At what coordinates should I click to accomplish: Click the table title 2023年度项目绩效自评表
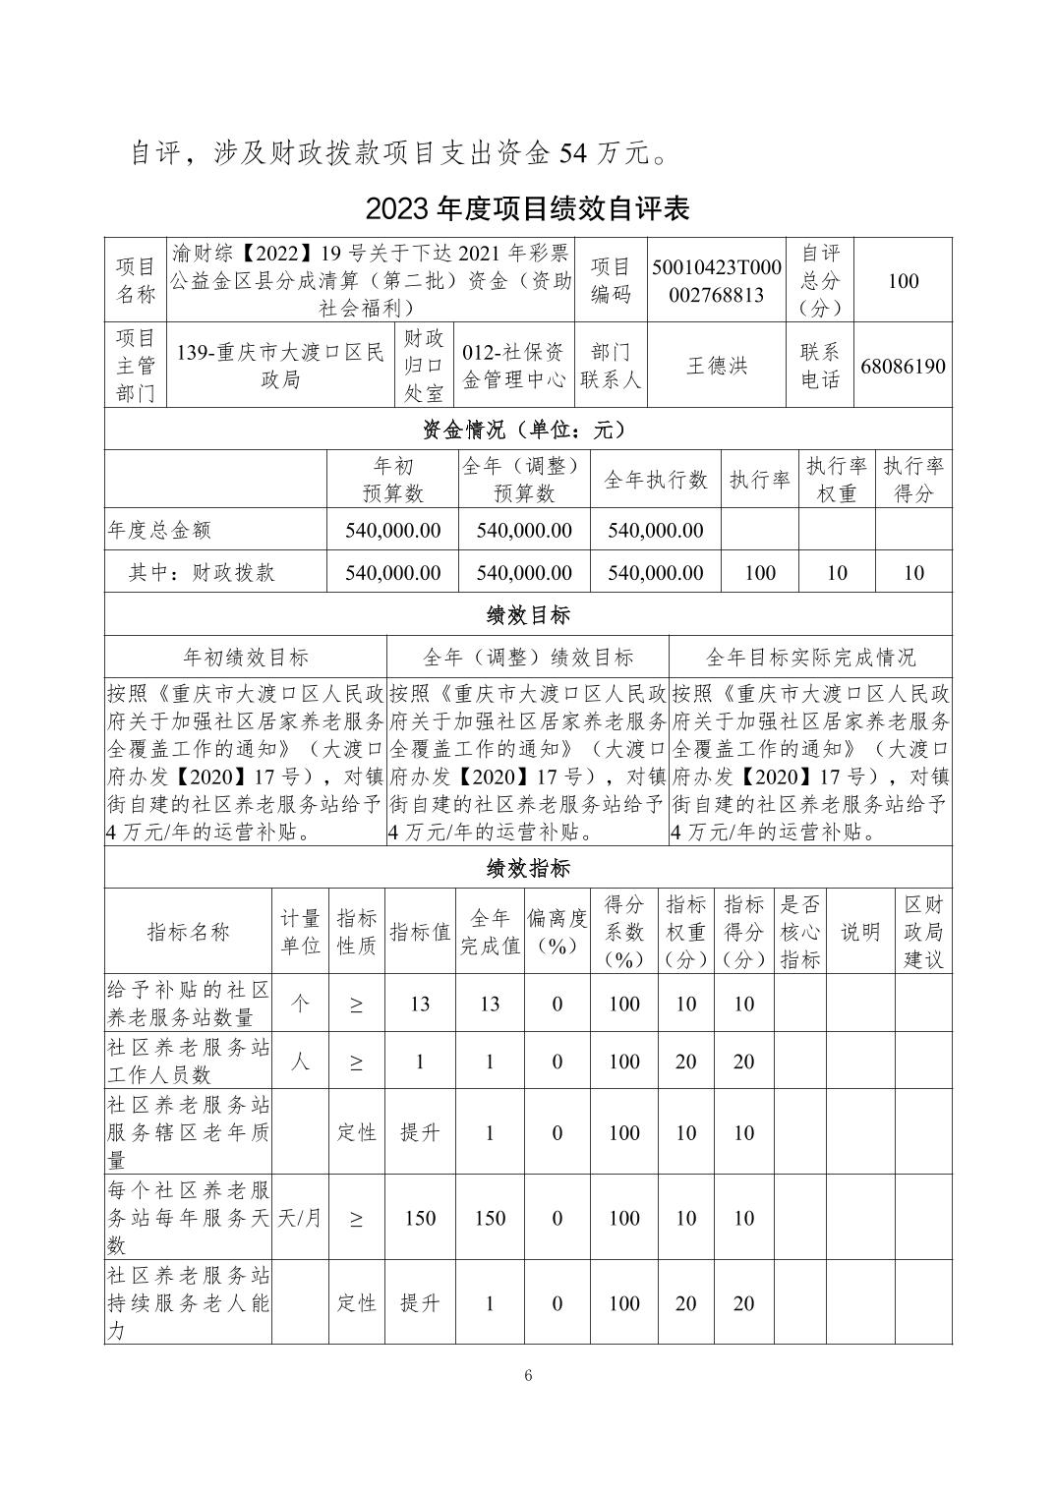pos(527,208)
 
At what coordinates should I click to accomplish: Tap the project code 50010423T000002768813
pos(717,281)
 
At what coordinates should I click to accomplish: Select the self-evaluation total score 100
pos(903,281)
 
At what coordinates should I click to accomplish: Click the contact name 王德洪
pos(717,366)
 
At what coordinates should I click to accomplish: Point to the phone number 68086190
pos(903,367)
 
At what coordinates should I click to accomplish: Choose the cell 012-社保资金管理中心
pos(513,366)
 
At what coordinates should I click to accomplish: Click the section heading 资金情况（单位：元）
pos(527,430)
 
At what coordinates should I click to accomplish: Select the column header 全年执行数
pos(656,480)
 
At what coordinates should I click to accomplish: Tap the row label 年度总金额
pos(159,530)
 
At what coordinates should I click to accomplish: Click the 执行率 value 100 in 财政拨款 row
pos(760,572)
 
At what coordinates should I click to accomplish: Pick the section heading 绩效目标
pos(527,615)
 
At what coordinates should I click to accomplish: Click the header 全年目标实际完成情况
pos(810,657)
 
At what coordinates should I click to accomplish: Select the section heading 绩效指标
pos(527,868)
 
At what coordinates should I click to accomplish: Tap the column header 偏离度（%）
pos(557,932)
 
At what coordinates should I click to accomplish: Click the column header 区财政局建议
pos(923,932)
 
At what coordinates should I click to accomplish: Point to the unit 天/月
pos(300,1218)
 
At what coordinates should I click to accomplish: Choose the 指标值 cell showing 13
pos(420,1004)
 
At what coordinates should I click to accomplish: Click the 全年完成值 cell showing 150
pos(490,1218)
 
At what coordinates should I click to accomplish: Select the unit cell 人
pos(300,1062)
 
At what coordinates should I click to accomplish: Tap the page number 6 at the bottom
pos(528,1375)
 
